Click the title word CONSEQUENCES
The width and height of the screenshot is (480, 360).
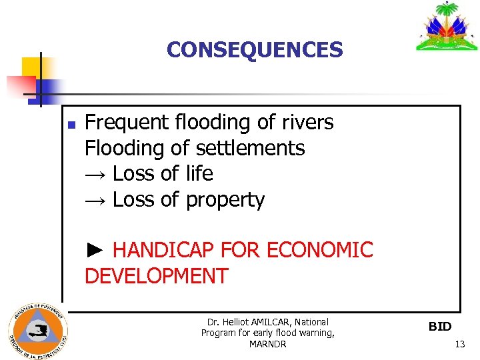[x=255, y=49]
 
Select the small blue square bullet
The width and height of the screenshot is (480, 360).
[x=71, y=125]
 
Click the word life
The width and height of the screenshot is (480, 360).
[x=199, y=173]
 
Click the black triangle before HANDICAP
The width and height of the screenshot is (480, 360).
[x=95, y=250]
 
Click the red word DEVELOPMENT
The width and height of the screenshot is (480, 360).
[x=156, y=275]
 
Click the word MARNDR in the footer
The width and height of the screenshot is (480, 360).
[x=267, y=344]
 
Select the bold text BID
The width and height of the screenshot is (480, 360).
[x=439, y=327]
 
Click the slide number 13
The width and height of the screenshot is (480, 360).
[x=459, y=344]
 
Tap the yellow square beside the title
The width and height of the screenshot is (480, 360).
[x=31, y=67]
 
